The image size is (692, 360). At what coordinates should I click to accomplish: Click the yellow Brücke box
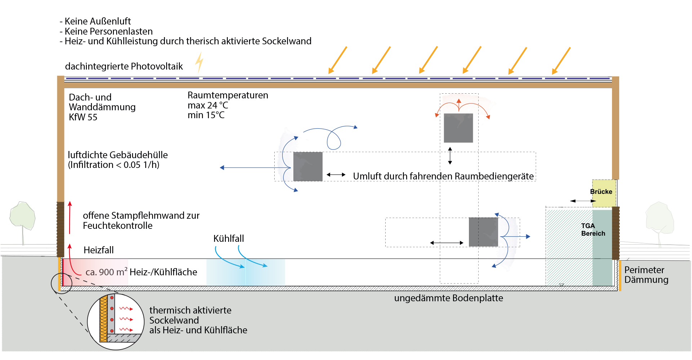coord(604,193)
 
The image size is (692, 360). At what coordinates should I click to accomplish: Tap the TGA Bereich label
coord(593,230)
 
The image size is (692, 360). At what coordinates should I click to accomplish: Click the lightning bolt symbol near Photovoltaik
coord(199,63)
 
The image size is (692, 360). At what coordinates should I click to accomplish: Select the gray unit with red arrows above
coord(458,128)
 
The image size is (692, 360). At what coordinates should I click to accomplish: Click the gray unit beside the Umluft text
coord(308,166)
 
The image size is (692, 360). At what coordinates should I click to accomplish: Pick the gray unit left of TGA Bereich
coord(483,232)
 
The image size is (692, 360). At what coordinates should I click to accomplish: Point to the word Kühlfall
coord(229,239)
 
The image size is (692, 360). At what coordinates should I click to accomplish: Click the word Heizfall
coord(98,250)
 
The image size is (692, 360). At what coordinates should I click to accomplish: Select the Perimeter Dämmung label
coord(646,275)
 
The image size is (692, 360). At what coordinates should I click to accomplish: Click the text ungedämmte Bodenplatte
coord(448,298)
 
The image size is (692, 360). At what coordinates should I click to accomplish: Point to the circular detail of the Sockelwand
coord(116,321)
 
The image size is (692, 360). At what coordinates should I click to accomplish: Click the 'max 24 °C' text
coord(208,106)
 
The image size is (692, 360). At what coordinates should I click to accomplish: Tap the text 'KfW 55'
coord(83,117)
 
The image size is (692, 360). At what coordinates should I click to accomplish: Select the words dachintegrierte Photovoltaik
coord(124,67)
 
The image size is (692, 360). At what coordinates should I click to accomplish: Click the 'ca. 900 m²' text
coord(106,272)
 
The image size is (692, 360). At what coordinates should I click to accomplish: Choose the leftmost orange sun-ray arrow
coord(338,60)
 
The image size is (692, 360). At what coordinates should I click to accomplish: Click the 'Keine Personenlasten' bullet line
coord(106,31)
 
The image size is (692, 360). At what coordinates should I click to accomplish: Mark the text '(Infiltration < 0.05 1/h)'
coord(114,165)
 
